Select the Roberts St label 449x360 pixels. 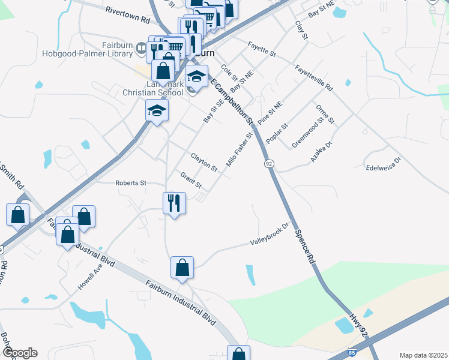(x=131, y=182)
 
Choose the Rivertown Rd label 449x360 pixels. (x=127, y=15)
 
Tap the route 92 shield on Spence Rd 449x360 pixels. (x=267, y=163)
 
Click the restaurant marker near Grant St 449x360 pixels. (x=174, y=203)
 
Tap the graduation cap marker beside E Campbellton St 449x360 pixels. (x=196, y=77)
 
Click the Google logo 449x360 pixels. (x=19, y=352)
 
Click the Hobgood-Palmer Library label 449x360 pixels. (x=87, y=53)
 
